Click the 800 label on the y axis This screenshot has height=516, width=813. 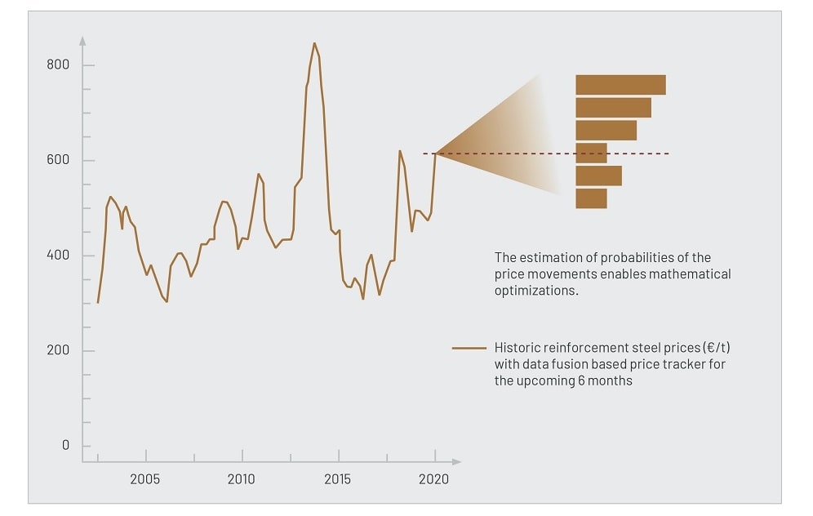(x=58, y=65)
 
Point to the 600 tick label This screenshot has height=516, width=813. (x=58, y=160)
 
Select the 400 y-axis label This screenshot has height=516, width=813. (x=58, y=256)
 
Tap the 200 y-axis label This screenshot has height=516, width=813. (x=58, y=350)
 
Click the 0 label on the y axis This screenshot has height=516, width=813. (x=66, y=446)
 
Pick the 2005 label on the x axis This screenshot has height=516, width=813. (x=145, y=479)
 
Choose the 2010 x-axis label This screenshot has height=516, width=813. (x=242, y=479)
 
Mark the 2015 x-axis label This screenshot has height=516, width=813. (x=338, y=479)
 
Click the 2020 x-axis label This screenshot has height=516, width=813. (x=433, y=479)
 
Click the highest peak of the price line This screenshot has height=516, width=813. (x=314, y=43)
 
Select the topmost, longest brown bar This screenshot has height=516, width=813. (x=620, y=85)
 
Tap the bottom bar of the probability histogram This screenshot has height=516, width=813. (x=591, y=198)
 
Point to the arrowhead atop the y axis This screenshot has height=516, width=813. (x=82, y=38)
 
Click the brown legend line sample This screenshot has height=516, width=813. (x=469, y=349)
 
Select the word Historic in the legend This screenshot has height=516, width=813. (x=517, y=348)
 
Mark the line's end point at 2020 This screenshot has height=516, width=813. (x=436, y=153)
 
